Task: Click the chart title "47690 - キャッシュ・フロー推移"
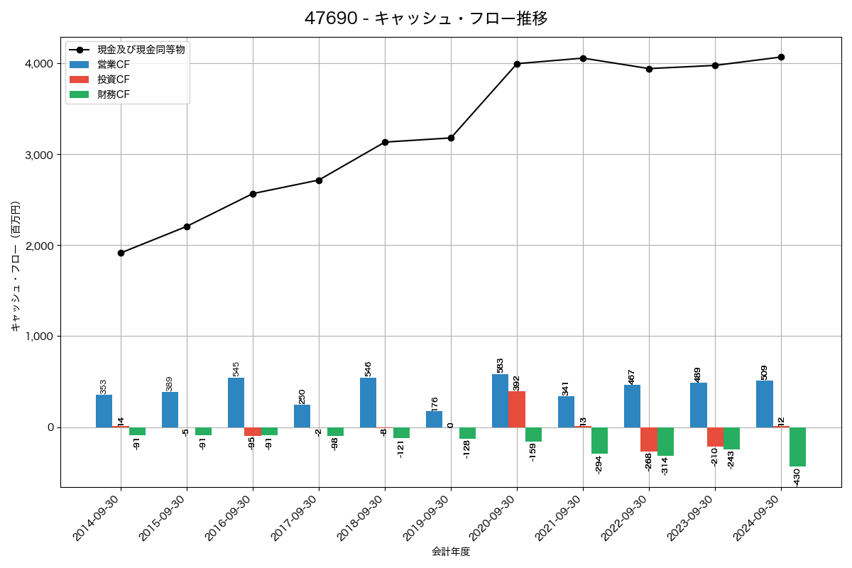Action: [x=426, y=18]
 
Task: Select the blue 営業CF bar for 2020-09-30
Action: [x=500, y=400]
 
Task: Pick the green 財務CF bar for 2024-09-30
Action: [x=797, y=447]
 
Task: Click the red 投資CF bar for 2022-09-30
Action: [x=649, y=439]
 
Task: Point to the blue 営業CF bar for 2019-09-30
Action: [x=434, y=419]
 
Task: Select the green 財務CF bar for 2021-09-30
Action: [x=599, y=440]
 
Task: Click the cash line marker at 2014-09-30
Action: [x=121, y=253]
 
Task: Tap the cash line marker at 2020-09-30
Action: [x=517, y=64]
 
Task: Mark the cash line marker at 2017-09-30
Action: [x=319, y=180]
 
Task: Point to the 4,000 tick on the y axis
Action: [x=40, y=64]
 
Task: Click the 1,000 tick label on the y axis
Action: [x=40, y=337]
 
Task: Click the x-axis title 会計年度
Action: [x=451, y=552]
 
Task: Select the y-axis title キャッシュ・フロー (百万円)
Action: [x=16, y=266]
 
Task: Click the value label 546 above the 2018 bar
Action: [x=368, y=368]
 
